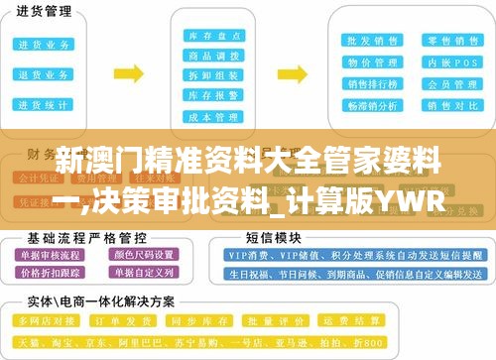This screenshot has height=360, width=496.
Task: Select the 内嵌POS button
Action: pyautogui.click(x=439, y=62)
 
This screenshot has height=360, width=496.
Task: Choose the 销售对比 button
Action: pyautogui.click(x=439, y=105)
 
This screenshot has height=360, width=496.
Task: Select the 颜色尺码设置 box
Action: pyautogui.click(x=149, y=256)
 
